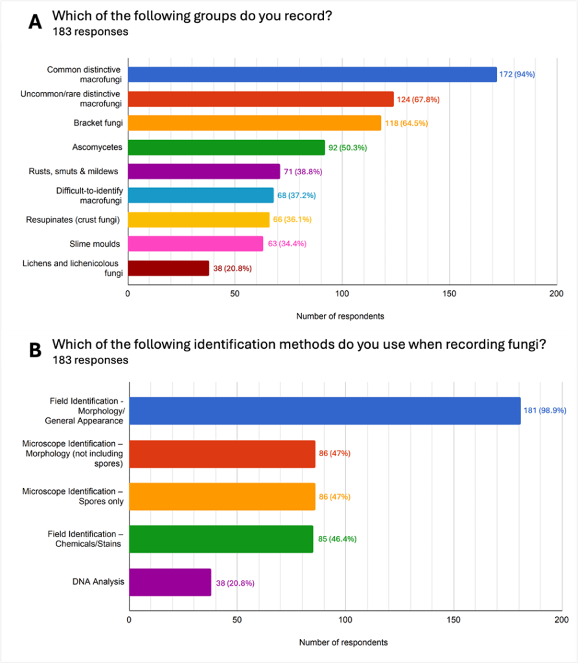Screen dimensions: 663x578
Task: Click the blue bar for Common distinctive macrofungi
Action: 312,75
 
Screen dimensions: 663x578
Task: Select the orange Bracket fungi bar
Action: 254,123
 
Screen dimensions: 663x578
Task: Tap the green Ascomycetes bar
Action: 226,148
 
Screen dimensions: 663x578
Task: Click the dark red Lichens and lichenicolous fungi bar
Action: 168,268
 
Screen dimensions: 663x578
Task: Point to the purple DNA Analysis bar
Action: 170,582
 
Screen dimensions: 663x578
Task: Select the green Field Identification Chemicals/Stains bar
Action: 221,539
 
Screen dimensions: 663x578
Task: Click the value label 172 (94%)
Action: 516,75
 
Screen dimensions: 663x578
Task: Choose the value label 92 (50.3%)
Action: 347,148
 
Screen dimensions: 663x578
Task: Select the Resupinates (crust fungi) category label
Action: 73,220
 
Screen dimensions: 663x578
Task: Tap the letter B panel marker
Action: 36,349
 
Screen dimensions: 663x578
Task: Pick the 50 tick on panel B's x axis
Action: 237,620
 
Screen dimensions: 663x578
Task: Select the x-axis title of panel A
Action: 340,316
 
